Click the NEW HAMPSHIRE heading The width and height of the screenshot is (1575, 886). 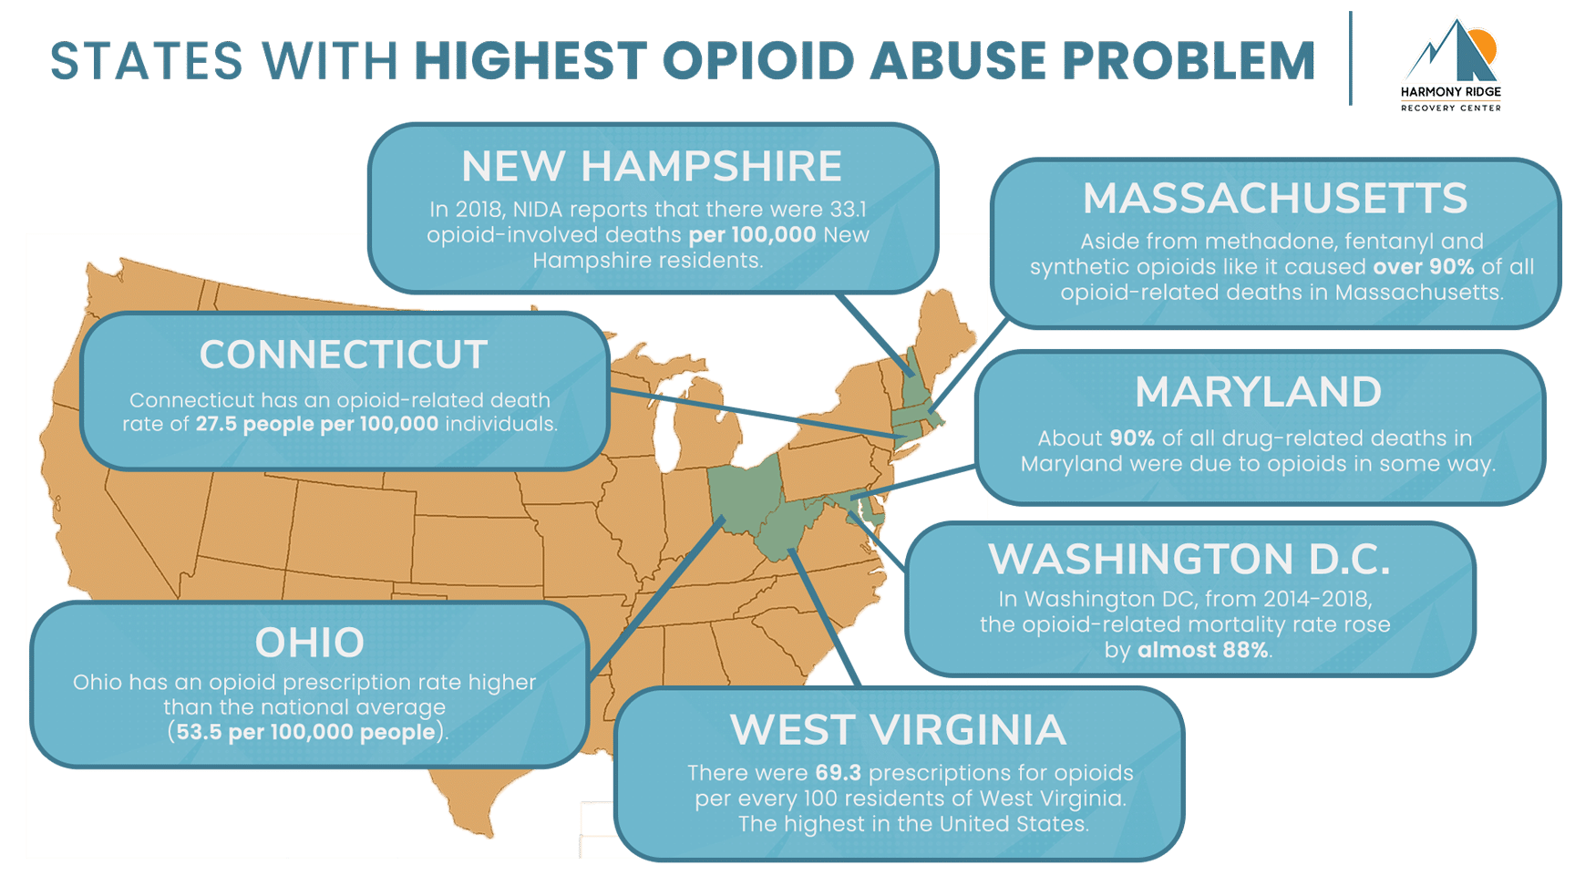tap(651, 167)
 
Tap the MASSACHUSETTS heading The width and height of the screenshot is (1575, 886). tap(1274, 199)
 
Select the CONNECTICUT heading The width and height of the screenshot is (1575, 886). tap(344, 355)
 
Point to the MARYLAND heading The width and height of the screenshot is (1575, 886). tap(1258, 393)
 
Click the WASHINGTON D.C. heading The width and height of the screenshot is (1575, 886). tap(1189, 560)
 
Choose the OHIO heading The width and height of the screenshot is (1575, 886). tap(309, 643)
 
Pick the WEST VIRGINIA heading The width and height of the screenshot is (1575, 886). tap(898, 730)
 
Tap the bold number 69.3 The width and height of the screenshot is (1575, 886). tap(838, 773)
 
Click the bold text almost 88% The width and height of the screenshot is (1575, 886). tap(1202, 650)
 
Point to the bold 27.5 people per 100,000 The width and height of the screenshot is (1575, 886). tap(316, 424)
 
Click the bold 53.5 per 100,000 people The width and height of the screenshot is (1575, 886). tap(305, 732)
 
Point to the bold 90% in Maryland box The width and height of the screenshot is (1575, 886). tap(1132, 438)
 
